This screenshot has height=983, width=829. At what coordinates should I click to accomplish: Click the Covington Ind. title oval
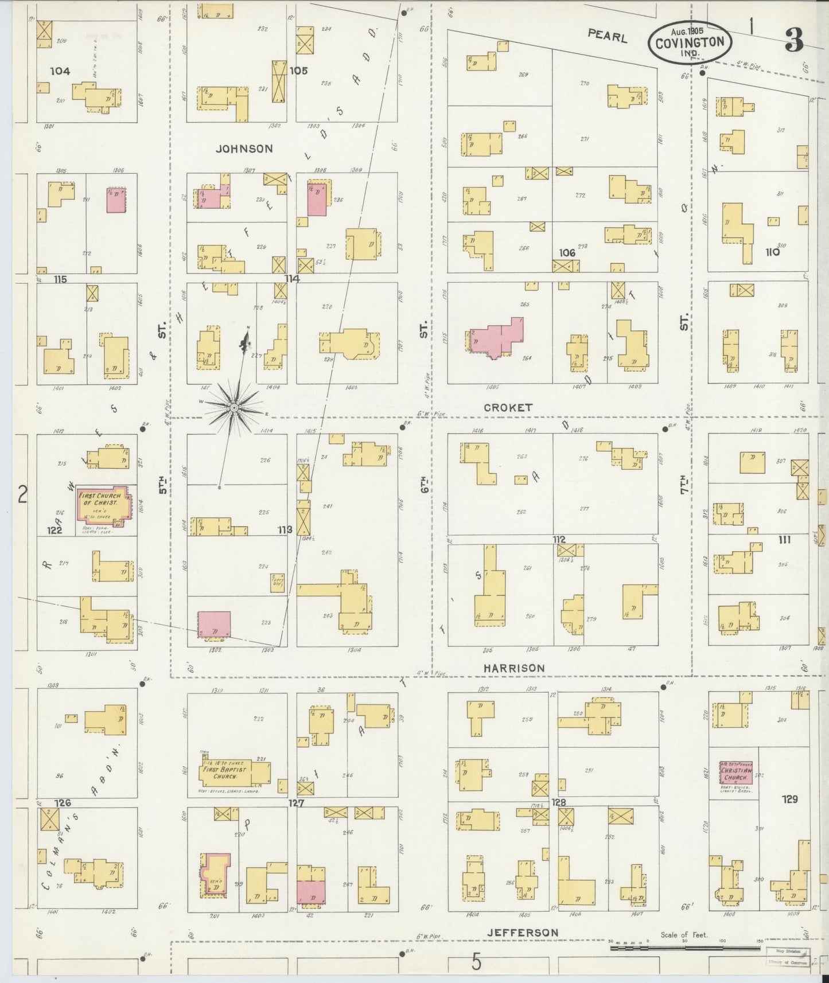[x=690, y=42]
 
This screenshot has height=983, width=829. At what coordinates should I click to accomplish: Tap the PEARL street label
[x=607, y=36]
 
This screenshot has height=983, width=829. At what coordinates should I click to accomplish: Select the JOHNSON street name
[x=244, y=149]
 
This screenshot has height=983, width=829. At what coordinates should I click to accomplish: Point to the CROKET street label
[x=508, y=407]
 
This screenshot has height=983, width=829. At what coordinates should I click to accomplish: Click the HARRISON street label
[x=513, y=668]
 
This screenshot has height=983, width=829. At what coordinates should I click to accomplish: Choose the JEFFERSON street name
[x=522, y=933]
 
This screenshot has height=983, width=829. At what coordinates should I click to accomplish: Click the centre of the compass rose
[x=233, y=407]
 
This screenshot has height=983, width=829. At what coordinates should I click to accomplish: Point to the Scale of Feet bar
[x=683, y=948]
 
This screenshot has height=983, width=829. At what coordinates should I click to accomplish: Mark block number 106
[x=567, y=253]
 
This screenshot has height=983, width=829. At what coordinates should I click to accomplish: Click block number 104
[x=60, y=71]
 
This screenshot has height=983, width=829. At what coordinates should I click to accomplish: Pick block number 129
[x=789, y=799]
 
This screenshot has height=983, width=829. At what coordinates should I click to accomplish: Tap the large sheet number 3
[x=793, y=40]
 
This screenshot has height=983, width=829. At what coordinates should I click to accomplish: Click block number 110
[x=772, y=252]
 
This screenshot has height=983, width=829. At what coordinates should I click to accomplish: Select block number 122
[x=55, y=530]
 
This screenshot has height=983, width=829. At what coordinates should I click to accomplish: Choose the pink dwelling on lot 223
[x=214, y=624]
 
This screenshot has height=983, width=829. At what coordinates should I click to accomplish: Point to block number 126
[x=63, y=802]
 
